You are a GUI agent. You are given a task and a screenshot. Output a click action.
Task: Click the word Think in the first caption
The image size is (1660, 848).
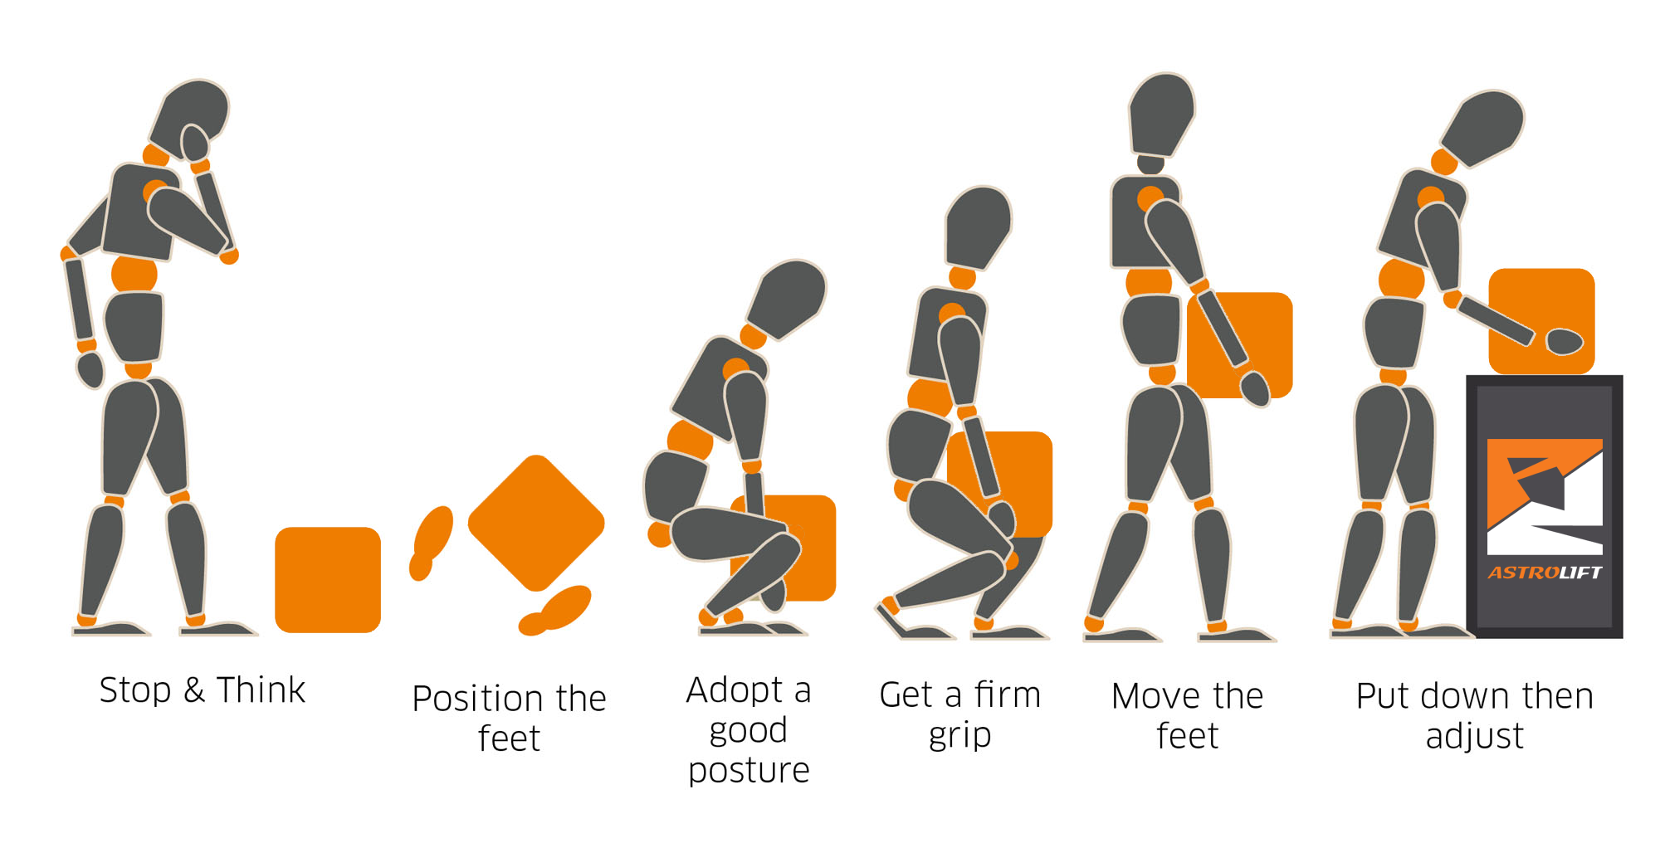click(x=261, y=690)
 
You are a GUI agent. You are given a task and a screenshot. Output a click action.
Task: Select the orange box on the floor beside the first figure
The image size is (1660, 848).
click(x=328, y=579)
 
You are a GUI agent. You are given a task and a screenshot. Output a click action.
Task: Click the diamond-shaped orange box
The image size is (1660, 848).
click(x=536, y=523)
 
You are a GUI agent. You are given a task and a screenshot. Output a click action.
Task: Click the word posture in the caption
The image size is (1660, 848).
click(x=749, y=770)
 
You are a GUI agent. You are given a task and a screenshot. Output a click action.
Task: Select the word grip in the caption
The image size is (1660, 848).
click(x=959, y=735)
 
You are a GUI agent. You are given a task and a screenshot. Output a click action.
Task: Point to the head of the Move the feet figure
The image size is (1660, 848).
click(x=1162, y=112)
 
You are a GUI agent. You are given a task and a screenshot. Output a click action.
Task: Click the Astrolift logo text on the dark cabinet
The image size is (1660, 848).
click(x=1544, y=572)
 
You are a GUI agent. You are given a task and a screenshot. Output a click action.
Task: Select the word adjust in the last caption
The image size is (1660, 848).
click(x=1474, y=736)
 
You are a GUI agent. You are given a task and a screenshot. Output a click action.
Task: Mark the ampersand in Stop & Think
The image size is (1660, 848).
click(x=193, y=690)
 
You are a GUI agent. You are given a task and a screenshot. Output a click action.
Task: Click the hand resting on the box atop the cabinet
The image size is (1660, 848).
click(x=1565, y=341)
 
